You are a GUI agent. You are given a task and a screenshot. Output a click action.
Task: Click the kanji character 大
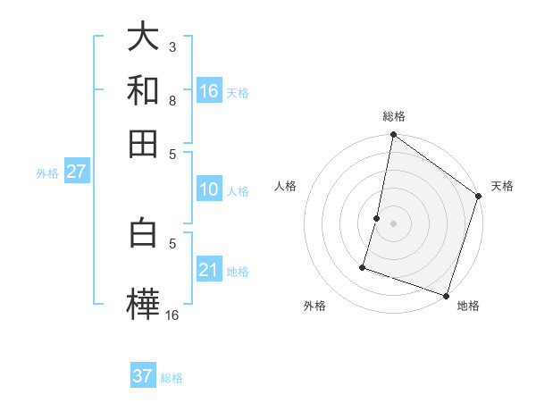(x=143, y=37)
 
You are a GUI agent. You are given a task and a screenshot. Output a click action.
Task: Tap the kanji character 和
(x=143, y=90)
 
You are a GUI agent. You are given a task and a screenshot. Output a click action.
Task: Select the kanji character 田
(x=143, y=143)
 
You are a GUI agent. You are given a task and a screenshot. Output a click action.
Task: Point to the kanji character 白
(x=143, y=233)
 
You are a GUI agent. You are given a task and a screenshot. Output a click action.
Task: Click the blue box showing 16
(x=209, y=91)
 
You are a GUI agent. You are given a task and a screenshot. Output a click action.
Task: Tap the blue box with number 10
(x=209, y=189)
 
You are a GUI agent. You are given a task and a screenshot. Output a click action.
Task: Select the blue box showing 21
(x=209, y=270)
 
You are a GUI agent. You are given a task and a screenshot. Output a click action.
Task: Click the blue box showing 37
(x=143, y=376)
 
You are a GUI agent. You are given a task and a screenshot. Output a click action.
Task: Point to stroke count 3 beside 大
(x=172, y=46)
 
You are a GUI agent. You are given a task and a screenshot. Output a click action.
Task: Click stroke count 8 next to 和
(x=172, y=100)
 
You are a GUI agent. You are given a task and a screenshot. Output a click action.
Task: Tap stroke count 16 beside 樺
(x=172, y=315)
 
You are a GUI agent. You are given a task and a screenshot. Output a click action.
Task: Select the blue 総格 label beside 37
(x=172, y=378)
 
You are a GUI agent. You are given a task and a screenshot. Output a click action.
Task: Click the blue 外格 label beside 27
(x=47, y=173)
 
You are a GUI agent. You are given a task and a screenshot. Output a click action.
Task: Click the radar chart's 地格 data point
(x=446, y=295)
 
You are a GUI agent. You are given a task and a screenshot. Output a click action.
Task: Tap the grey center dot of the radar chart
(x=393, y=223)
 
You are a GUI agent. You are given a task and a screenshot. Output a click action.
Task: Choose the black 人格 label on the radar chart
(x=286, y=186)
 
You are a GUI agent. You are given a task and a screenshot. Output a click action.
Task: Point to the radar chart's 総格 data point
(x=393, y=136)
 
